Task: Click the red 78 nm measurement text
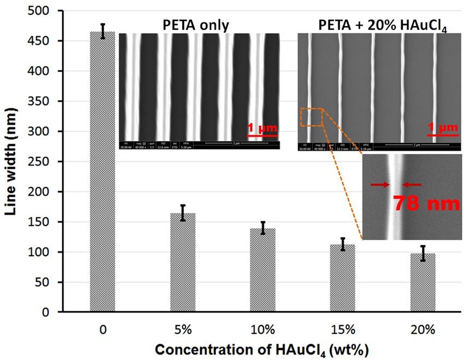[x=427, y=203]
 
